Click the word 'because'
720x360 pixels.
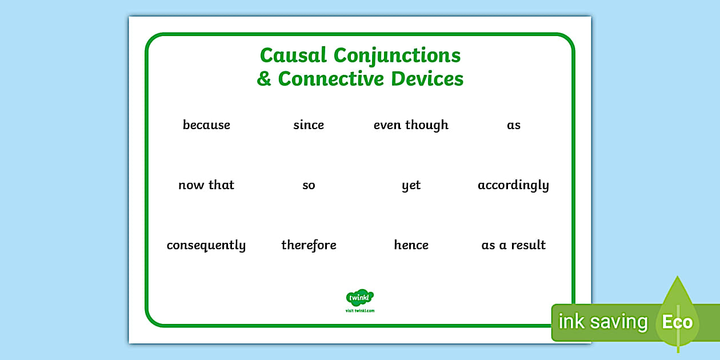point(206,125)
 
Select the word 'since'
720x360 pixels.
point(309,125)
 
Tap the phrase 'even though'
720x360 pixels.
point(411,125)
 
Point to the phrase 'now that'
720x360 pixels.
point(206,185)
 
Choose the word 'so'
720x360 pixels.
point(309,185)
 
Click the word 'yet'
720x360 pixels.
point(411,185)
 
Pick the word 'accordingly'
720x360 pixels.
point(513,185)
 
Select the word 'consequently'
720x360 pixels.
point(206,245)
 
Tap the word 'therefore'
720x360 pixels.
point(309,245)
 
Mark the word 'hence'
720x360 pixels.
point(411,245)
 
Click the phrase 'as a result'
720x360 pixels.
point(513,245)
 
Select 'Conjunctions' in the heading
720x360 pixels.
point(397,55)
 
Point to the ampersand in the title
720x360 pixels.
point(264,79)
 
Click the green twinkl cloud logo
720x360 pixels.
point(360,297)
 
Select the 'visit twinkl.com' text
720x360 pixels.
point(360,311)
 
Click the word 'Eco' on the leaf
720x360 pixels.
point(677,322)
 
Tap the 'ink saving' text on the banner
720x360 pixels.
point(603,322)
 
